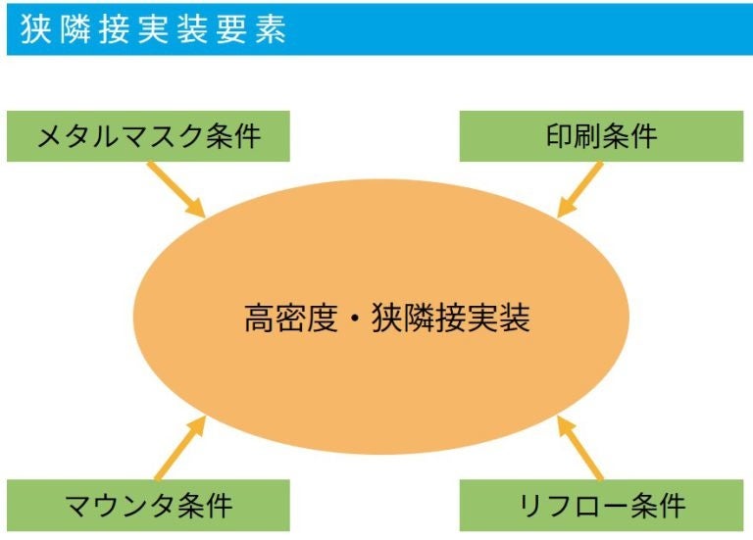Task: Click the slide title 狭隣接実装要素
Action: (153, 29)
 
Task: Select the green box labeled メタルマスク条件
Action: (149, 136)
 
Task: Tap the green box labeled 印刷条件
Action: (601, 136)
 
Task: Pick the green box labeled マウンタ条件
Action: (149, 506)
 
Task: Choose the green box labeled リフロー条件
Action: (601, 506)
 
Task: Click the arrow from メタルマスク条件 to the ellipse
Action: (176, 189)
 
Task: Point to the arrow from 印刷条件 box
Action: (579, 189)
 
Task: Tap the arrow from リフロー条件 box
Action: (580, 448)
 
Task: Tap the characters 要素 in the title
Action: (257, 29)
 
